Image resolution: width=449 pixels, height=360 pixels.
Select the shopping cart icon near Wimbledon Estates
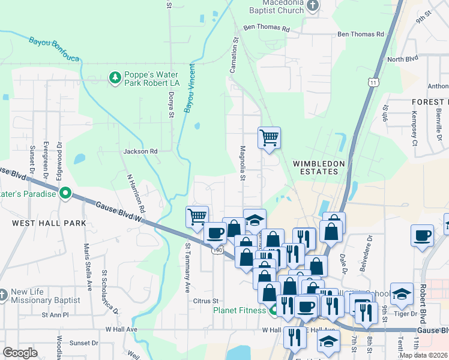(269, 138)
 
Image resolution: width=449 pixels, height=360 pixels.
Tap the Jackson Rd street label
(140, 152)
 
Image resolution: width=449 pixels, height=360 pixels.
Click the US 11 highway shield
(373, 82)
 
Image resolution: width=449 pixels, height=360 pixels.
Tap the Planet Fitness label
(240, 310)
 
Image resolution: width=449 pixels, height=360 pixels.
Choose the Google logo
(20, 353)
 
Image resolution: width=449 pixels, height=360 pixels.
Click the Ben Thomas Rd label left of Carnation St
(267, 29)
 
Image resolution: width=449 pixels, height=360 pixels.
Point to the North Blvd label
(402, 59)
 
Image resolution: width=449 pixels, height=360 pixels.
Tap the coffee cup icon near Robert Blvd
(421, 235)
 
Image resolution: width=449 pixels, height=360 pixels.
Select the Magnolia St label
(243, 162)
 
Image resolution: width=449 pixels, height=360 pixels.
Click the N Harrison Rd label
(136, 194)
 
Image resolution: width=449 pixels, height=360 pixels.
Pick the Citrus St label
(205, 300)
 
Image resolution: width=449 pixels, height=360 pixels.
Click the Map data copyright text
(423, 355)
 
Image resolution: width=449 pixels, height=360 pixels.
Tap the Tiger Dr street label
(405, 314)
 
